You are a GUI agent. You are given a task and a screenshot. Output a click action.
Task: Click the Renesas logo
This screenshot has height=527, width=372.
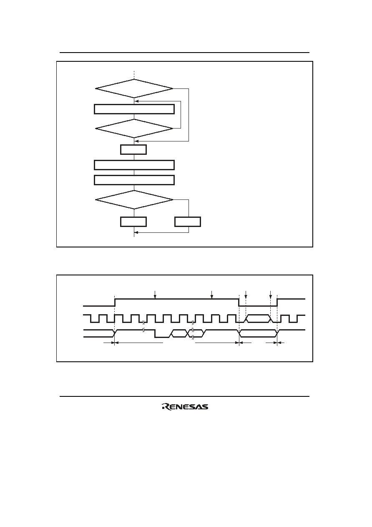[x=185, y=407]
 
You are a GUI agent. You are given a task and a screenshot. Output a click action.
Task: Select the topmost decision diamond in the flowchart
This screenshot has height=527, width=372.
[x=134, y=88]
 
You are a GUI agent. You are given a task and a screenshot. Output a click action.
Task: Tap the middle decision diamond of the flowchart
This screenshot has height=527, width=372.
[x=134, y=129]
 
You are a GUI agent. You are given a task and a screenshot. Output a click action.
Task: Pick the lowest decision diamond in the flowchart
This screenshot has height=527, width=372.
[x=134, y=199]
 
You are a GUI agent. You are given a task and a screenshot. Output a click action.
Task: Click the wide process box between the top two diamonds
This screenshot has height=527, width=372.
[x=134, y=109]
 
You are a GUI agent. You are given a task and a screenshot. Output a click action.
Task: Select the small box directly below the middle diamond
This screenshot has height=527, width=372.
[x=133, y=150]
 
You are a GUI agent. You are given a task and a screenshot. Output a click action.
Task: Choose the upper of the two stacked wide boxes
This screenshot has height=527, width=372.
[x=134, y=165]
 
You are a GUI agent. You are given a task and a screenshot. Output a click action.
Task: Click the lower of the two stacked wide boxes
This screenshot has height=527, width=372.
[x=134, y=180]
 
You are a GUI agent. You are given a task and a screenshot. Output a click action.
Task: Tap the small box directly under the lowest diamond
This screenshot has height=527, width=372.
[x=133, y=222]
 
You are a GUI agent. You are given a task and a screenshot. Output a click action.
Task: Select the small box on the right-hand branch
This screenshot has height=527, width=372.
[x=188, y=222]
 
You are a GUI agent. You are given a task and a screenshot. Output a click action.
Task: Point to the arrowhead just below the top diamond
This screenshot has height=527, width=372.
[x=136, y=101]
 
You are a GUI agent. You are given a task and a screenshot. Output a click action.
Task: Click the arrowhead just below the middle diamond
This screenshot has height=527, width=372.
[x=136, y=141]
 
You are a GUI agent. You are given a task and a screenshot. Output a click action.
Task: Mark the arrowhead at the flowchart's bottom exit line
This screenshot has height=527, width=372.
[x=136, y=233]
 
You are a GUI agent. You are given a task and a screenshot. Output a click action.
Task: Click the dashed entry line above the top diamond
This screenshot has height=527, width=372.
[x=134, y=75]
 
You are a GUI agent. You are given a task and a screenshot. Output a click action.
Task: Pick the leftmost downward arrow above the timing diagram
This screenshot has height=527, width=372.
[x=155, y=295]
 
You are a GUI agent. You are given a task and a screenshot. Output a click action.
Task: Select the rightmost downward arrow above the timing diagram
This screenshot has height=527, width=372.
[x=270, y=295]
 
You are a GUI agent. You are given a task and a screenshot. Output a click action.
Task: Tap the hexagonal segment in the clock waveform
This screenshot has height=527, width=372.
[x=258, y=318]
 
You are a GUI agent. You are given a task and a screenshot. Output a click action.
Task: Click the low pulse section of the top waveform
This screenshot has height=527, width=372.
[x=258, y=306]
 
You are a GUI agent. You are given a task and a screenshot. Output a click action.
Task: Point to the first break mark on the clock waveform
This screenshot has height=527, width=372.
[x=143, y=322]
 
